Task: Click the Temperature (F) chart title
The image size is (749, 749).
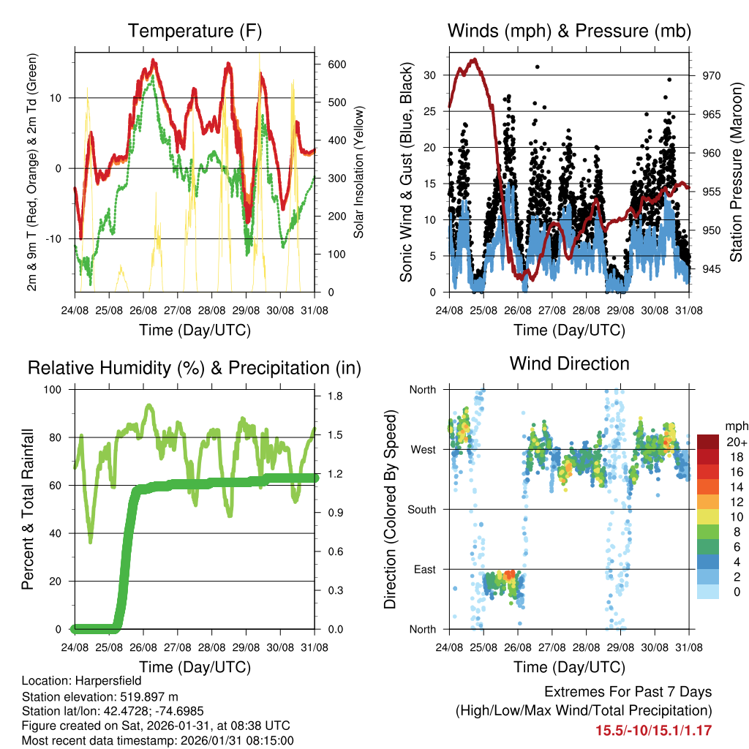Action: tap(195, 31)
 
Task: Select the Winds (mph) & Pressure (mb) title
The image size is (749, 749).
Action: tap(570, 31)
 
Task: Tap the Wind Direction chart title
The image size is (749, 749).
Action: tap(569, 364)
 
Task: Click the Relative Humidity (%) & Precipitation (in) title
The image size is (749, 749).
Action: tap(195, 368)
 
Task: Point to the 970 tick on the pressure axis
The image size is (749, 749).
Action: tap(712, 75)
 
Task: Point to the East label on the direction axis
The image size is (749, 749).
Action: tap(424, 569)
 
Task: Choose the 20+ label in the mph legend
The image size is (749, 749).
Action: tap(735, 442)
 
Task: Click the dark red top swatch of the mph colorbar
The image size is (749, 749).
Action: tap(707, 442)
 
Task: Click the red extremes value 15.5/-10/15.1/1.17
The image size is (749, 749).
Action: tap(653, 730)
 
